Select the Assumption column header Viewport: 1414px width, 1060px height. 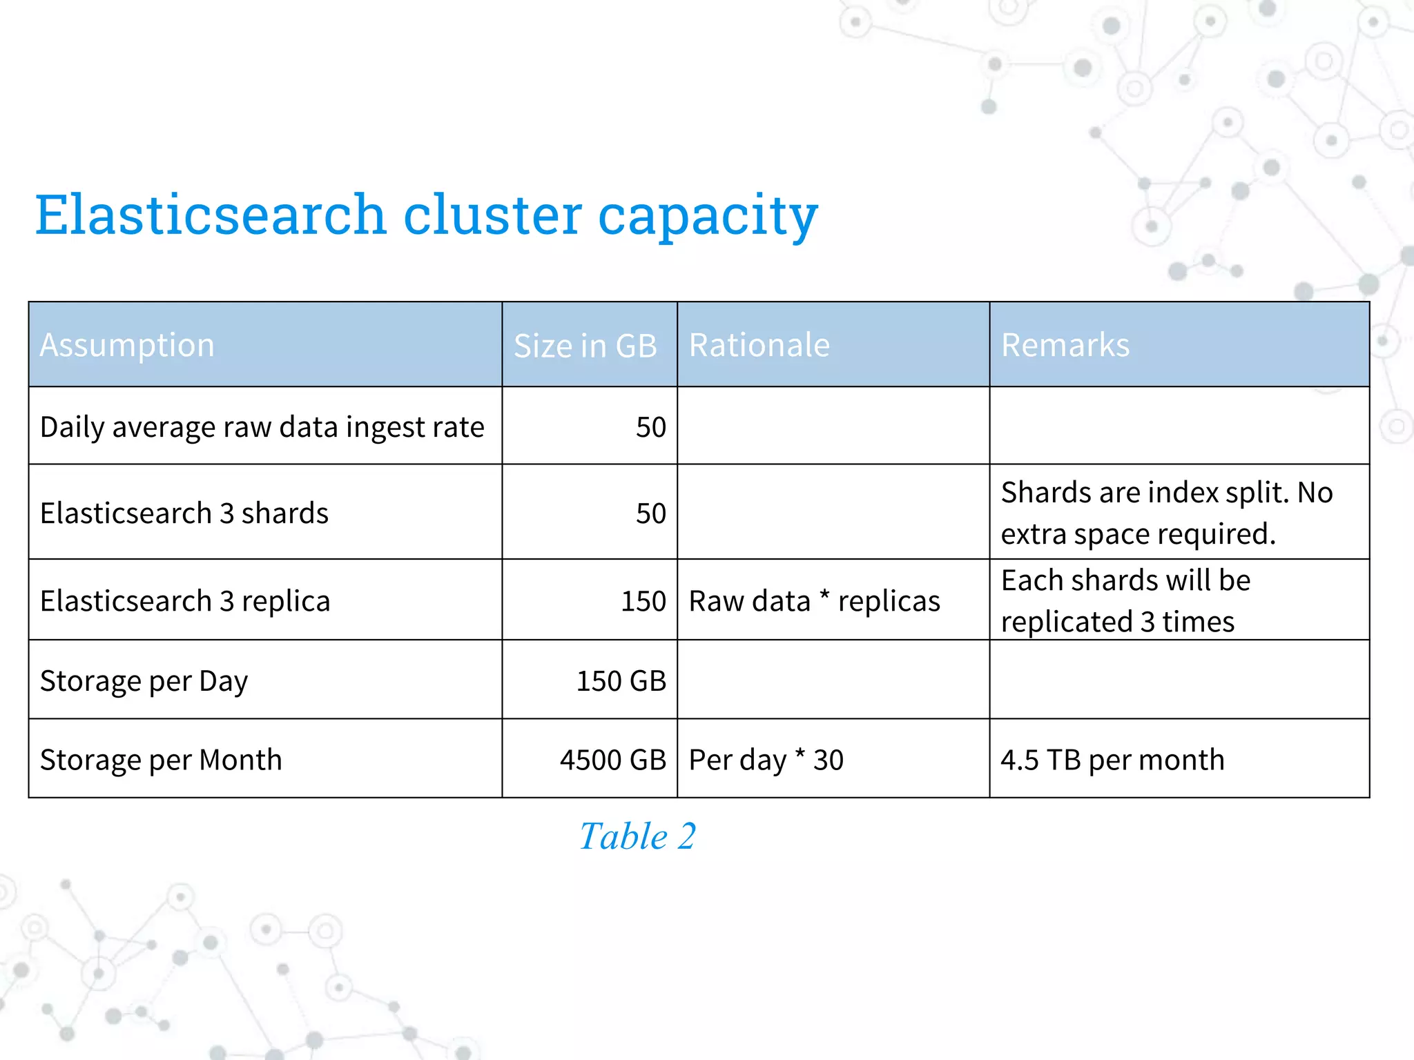127,345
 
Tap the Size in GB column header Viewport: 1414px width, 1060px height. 585,346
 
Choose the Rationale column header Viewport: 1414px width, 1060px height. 759,345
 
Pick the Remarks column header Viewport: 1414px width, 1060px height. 1065,345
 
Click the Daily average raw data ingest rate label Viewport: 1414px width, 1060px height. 262,427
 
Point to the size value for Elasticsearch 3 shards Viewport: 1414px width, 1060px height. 650,513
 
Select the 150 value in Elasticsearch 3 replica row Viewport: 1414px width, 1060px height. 643,601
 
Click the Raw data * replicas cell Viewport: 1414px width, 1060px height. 814,601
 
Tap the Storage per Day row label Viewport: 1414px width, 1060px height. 144,681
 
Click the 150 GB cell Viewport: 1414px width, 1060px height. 621,681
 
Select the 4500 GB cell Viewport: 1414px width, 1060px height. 612,760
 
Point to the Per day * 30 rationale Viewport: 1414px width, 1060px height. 766,760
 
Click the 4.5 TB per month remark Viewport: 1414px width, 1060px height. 1112,760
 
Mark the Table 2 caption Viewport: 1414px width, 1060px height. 637,836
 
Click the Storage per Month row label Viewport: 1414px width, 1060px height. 161,760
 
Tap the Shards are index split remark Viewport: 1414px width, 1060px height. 1166,513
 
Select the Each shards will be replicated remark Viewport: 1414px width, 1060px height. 1125,600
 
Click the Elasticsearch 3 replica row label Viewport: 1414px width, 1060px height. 185,601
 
